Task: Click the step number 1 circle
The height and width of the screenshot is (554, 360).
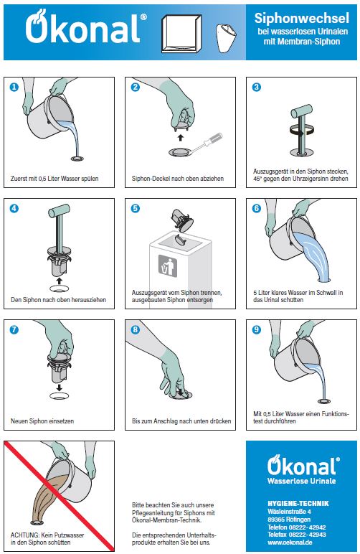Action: [14, 87]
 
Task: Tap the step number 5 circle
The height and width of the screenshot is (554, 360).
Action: [135, 208]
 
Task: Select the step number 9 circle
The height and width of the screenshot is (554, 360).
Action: [257, 329]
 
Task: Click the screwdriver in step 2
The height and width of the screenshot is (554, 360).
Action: [207, 142]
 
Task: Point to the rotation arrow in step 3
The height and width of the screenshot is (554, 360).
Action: [302, 130]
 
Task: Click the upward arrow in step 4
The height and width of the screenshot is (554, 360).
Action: [60, 281]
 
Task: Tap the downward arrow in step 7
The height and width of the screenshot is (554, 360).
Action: [60, 388]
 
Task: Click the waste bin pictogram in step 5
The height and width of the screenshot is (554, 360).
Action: [168, 266]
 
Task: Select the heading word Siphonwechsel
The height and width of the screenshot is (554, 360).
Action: [302, 18]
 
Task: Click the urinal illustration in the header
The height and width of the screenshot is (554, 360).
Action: [226, 38]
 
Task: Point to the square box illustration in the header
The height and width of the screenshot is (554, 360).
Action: [181, 34]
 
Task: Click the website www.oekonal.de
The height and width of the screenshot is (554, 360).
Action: [290, 542]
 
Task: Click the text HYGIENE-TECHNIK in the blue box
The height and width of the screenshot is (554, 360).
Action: [298, 504]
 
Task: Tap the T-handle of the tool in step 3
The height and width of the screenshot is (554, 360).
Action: [302, 111]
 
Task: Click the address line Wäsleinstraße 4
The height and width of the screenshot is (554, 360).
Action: [289, 511]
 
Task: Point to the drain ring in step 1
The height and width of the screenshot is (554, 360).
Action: [77, 159]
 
